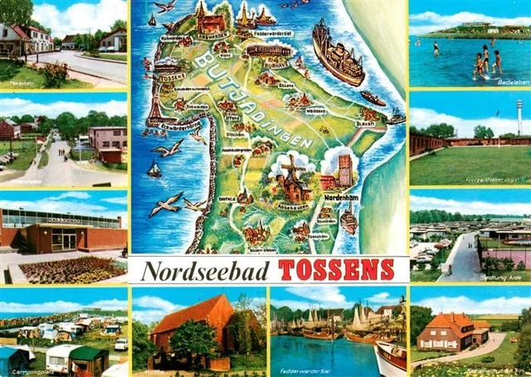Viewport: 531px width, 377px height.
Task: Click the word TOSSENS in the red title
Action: (336, 270)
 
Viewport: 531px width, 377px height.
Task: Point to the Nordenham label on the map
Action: (341, 198)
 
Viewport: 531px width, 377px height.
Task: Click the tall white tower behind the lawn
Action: (519, 116)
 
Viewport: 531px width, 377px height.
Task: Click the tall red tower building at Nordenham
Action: (345, 170)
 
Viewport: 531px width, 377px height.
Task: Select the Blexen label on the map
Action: (365, 123)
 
